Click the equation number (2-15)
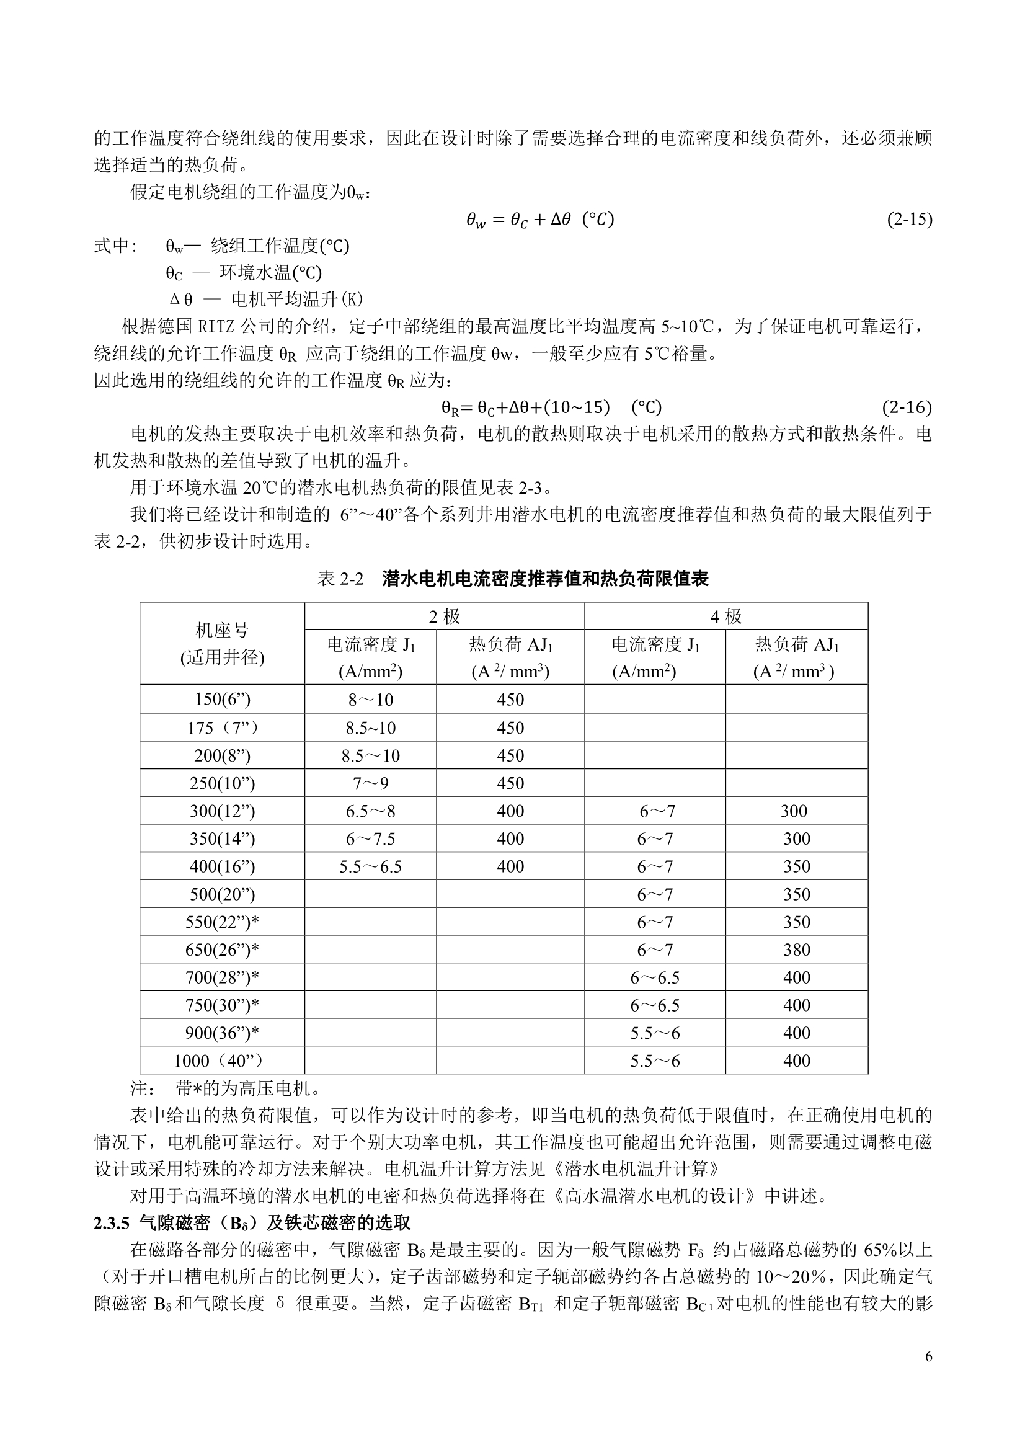tap(910, 219)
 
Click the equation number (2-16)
tap(907, 407)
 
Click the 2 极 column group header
tap(445, 616)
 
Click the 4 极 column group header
tap(726, 616)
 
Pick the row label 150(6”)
tap(223, 699)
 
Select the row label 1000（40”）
tap(223, 1061)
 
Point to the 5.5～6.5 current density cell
tap(370, 866)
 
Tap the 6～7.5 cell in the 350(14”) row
tap(370, 838)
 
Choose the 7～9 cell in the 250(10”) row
tap(370, 783)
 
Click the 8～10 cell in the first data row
tap(370, 699)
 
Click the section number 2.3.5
tap(112, 1223)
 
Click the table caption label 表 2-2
tap(341, 579)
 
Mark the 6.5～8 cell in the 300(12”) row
tap(370, 811)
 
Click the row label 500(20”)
tap(223, 894)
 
